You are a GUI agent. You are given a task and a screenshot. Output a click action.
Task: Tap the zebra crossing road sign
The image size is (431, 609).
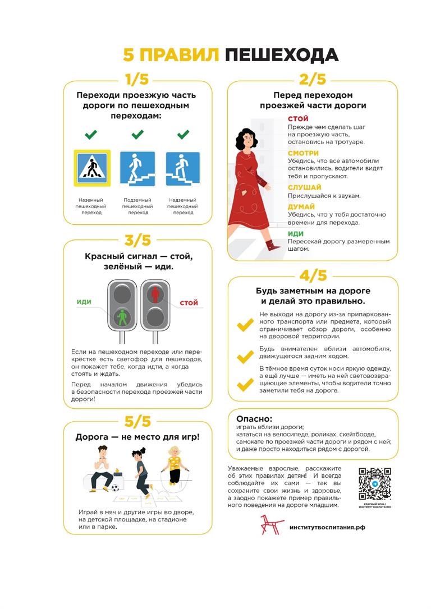[92, 168]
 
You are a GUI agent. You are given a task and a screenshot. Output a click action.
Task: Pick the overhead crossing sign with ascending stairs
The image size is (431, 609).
[183, 168]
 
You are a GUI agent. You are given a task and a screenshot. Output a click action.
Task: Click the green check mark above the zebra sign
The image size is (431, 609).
[91, 135]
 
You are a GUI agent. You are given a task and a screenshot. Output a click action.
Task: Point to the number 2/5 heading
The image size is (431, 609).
[313, 80]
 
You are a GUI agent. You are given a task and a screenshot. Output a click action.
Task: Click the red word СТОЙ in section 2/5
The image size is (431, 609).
[298, 119]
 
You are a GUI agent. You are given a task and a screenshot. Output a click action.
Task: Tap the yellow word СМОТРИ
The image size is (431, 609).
[303, 153]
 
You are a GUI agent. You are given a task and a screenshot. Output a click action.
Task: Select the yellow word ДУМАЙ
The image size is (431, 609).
[301, 206]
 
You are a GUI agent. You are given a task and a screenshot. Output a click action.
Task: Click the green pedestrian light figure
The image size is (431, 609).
[122, 317]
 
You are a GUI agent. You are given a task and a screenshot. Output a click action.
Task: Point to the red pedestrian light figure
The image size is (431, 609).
[155, 293]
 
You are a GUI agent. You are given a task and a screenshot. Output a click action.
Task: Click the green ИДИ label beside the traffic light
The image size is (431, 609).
[84, 302]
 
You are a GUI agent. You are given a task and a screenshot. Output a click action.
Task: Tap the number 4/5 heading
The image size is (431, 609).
[313, 276]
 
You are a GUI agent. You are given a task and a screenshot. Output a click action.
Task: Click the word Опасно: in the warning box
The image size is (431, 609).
[254, 418]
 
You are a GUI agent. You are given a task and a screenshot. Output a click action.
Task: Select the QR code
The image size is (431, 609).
[375, 484]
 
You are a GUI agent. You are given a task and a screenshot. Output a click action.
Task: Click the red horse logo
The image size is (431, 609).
[272, 524]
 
